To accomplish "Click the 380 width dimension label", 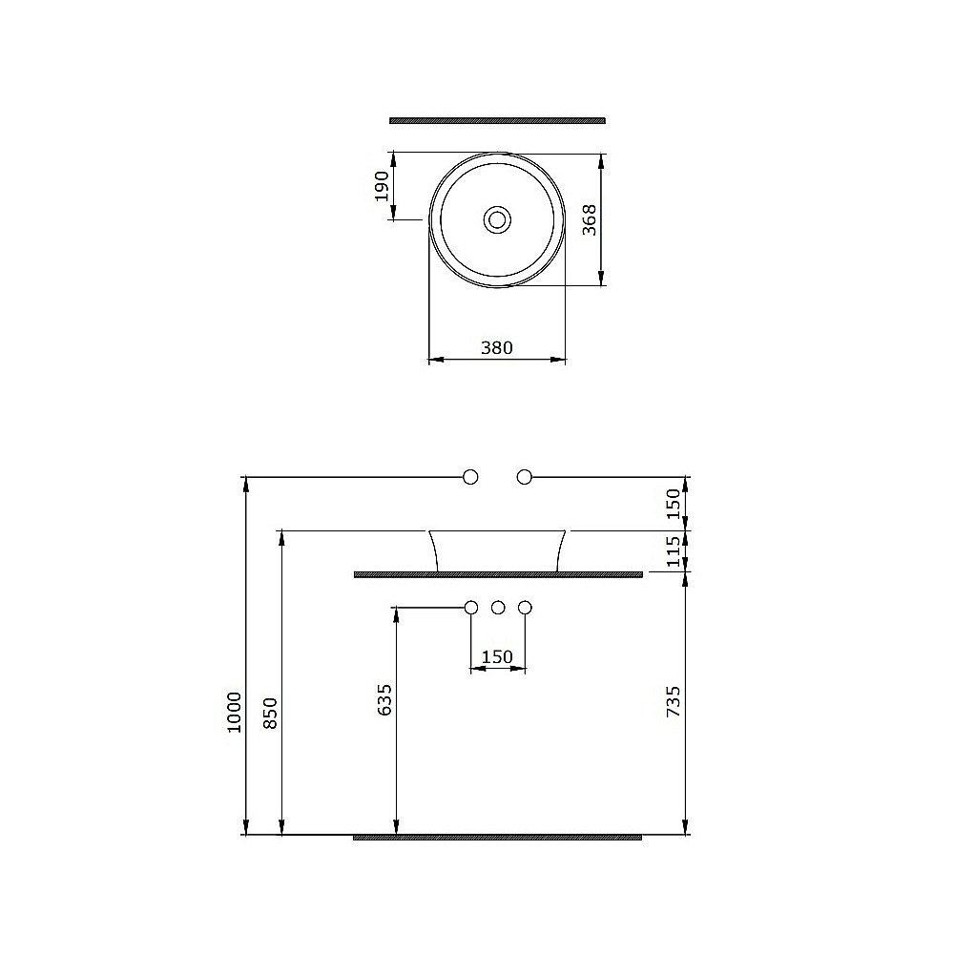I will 496,348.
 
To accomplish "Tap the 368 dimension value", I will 590,219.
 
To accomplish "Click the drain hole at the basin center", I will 496,219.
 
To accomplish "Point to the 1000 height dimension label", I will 235,711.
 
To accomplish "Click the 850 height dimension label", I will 270,713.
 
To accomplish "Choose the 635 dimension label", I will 384,699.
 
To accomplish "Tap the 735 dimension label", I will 674,701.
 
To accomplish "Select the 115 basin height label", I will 674,551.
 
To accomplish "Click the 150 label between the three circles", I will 497,656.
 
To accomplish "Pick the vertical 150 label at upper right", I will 674,503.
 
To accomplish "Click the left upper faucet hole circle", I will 469,476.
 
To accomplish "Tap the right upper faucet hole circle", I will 524,476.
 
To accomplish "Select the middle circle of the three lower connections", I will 497,607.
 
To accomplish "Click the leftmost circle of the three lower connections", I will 470,607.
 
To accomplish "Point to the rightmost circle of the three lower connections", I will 524,607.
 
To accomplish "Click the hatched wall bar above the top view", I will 497,120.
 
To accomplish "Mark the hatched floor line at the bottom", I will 497,837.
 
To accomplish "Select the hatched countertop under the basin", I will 497,574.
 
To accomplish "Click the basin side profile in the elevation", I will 497,550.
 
